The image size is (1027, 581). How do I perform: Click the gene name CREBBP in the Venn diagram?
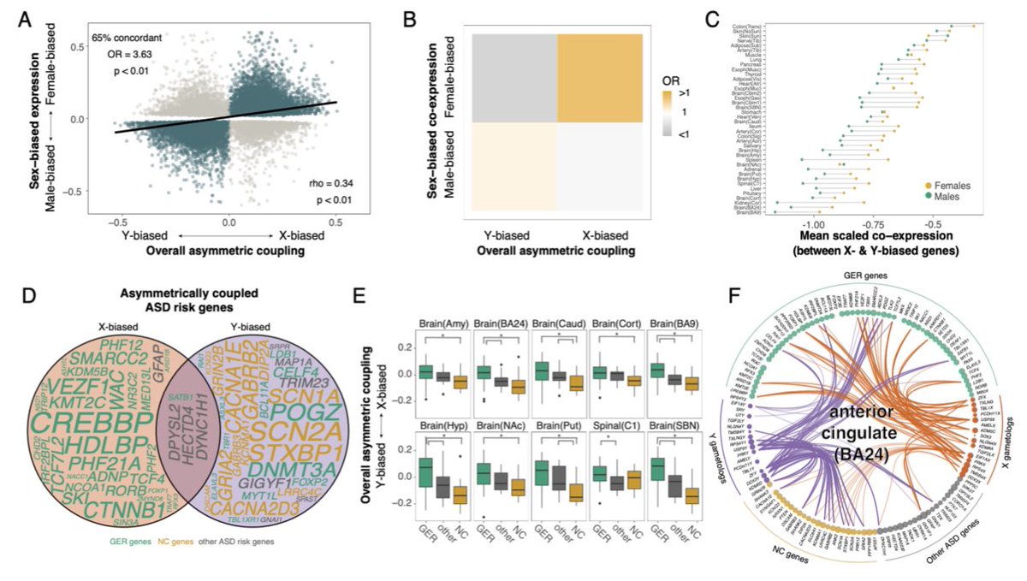(x=74, y=421)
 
